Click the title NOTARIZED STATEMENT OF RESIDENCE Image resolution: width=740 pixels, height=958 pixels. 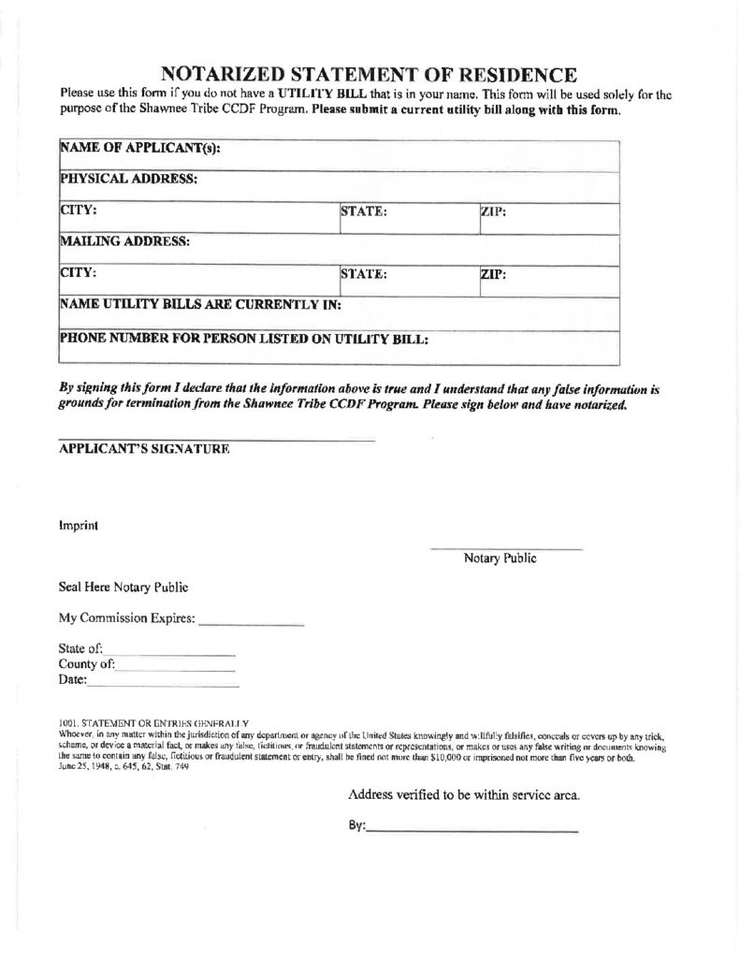point(370,75)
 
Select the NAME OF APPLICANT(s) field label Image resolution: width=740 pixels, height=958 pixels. point(139,149)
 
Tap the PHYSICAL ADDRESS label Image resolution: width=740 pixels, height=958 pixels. point(128,179)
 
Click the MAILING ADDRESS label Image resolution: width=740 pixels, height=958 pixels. point(125,240)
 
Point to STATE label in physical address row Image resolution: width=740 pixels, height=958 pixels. point(364,211)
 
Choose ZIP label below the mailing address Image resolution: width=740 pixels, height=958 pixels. point(493,274)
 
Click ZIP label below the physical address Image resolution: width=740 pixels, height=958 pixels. point(493,211)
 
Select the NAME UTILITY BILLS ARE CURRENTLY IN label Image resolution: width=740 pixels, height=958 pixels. point(199,304)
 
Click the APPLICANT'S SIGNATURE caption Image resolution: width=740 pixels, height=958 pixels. point(144,449)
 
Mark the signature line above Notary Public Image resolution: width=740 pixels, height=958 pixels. point(506,547)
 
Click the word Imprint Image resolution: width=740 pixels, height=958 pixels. point(79,525)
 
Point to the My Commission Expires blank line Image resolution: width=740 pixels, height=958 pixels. point(252,623)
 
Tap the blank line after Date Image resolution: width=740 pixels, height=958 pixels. point(163,687)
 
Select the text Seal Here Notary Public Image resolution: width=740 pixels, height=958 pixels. point(123,588)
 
